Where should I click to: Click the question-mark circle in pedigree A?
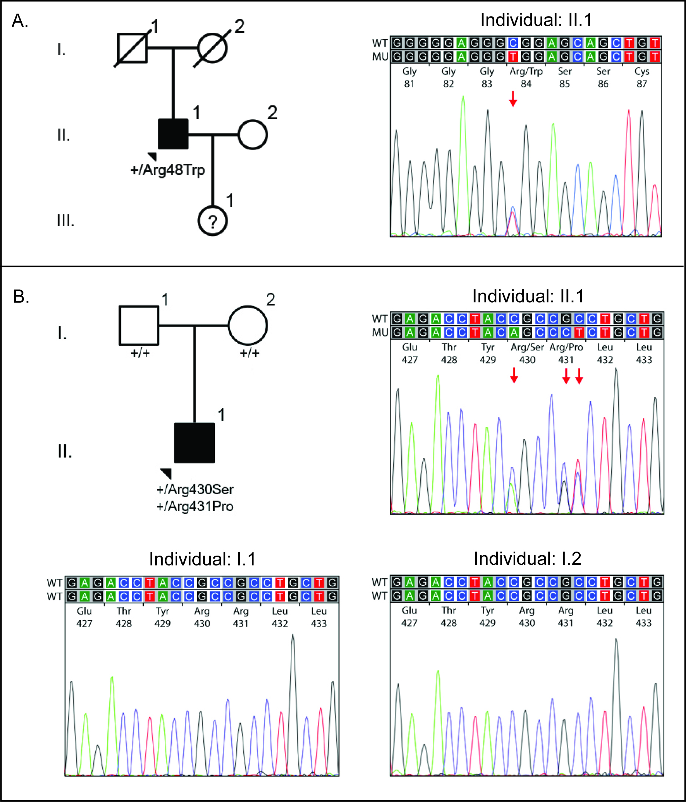pyautogui.click(x=213, y=221)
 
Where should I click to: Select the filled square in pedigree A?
pyautogui.click(x=173, y=134)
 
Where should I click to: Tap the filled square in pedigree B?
pyautogui.click(x=194, y=443)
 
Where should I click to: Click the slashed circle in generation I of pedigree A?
pyautogui.click(x=213, y=48)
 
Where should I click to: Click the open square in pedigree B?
pyautogui.click(x=138, y=325)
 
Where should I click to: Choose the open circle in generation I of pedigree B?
pyautogui.click(x=248, y=325)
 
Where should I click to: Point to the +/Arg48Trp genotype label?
pyautogui.click(x=167, y=170)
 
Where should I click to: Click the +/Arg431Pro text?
pyautogui.click(x=195, y=506)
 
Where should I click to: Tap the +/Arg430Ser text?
pyautogui.click(x=195, y=489)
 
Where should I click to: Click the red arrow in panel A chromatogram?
pyautogui.click(x=513, y=99)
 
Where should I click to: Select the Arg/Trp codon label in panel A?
pyautogui.click(x=526, y=72)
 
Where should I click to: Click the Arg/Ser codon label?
pyautogui.click(x=527, y=347)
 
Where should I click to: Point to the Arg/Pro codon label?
pyautogui.click(x=566, y=347)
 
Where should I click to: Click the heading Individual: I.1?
pyautogui.click(x=202, y=559)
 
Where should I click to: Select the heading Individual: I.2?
pyautogui.click(x=527, y=559)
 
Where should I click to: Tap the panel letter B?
pyautogui.click(x=21, y=296)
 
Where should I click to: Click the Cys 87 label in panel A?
pyautogui.click(x=642, y=77)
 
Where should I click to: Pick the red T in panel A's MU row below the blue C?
pyautogui.click(x=513, y=57)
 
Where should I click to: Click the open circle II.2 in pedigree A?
pyautogui.click(x=253, y=134)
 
